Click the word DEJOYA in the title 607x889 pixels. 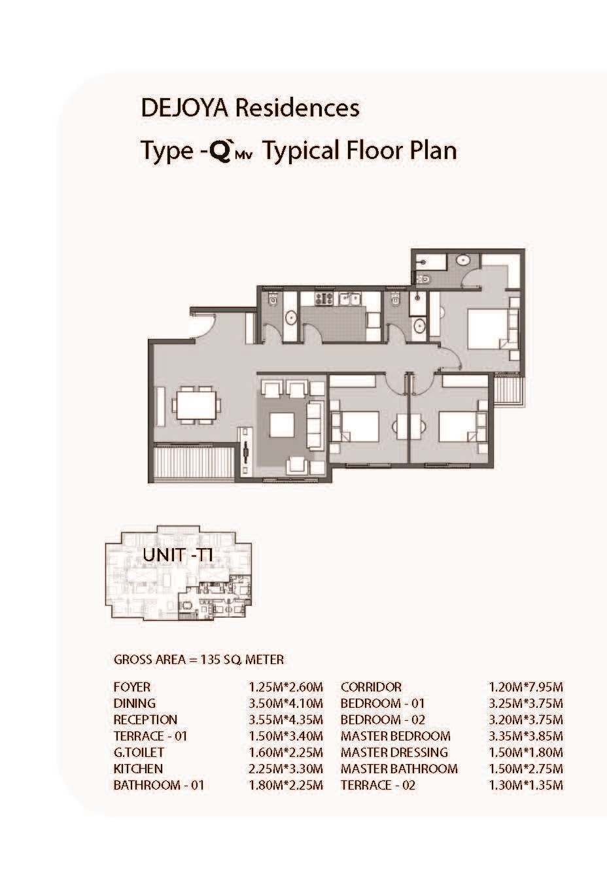(184, 108)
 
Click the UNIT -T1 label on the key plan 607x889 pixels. (178, 555)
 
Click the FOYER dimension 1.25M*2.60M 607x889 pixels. (286, 687)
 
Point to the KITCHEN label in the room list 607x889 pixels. (138, 769)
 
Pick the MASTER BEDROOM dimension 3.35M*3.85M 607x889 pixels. (526, 736)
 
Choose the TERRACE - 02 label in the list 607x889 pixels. (378, 785)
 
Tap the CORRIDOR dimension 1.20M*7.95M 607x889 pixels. (526, 687)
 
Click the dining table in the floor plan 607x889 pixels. (196, 406)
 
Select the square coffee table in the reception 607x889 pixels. (282, 425)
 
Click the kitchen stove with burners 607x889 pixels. (324, 299)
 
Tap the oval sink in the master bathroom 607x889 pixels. (462, 260)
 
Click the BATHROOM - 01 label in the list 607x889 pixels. (159, 785)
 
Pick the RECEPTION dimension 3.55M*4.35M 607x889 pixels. (286, 720)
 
